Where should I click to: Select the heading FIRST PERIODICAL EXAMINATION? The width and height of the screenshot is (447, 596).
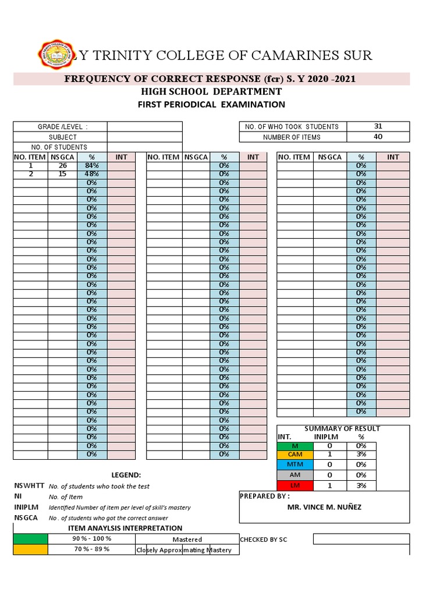(211, 105)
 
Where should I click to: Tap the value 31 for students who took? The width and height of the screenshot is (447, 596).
(378, 126)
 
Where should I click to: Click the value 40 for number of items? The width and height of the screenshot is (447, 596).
(378, 137)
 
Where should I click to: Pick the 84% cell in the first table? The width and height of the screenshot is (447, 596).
(92, 165)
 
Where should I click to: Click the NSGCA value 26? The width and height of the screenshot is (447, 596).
(62, 165)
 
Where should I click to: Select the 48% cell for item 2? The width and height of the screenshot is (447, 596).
(92, 174)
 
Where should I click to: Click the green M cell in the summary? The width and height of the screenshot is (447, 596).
(295, 446)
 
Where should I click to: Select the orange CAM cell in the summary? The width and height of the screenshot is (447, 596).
(295, 455)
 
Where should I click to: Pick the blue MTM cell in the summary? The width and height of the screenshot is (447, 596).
(295, 464)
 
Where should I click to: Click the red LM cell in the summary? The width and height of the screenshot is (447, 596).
(295, 485)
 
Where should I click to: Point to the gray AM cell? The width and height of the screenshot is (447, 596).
(295, 475)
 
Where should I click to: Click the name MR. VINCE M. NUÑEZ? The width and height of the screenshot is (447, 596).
(324, 507)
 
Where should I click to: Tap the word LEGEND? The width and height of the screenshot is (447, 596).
(126, 475)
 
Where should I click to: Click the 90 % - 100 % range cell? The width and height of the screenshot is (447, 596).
(91, 539)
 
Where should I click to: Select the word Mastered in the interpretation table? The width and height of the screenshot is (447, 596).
(187, 540)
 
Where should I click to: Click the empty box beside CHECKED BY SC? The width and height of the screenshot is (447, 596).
(361, 540)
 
